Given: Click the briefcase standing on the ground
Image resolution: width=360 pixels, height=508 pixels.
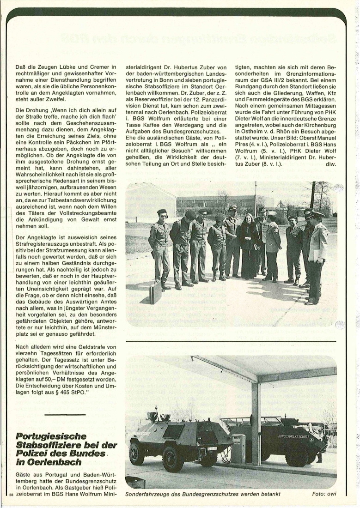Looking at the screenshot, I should pos(156,292).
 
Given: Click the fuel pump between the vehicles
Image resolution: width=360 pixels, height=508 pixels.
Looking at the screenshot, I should pos(238,448).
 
